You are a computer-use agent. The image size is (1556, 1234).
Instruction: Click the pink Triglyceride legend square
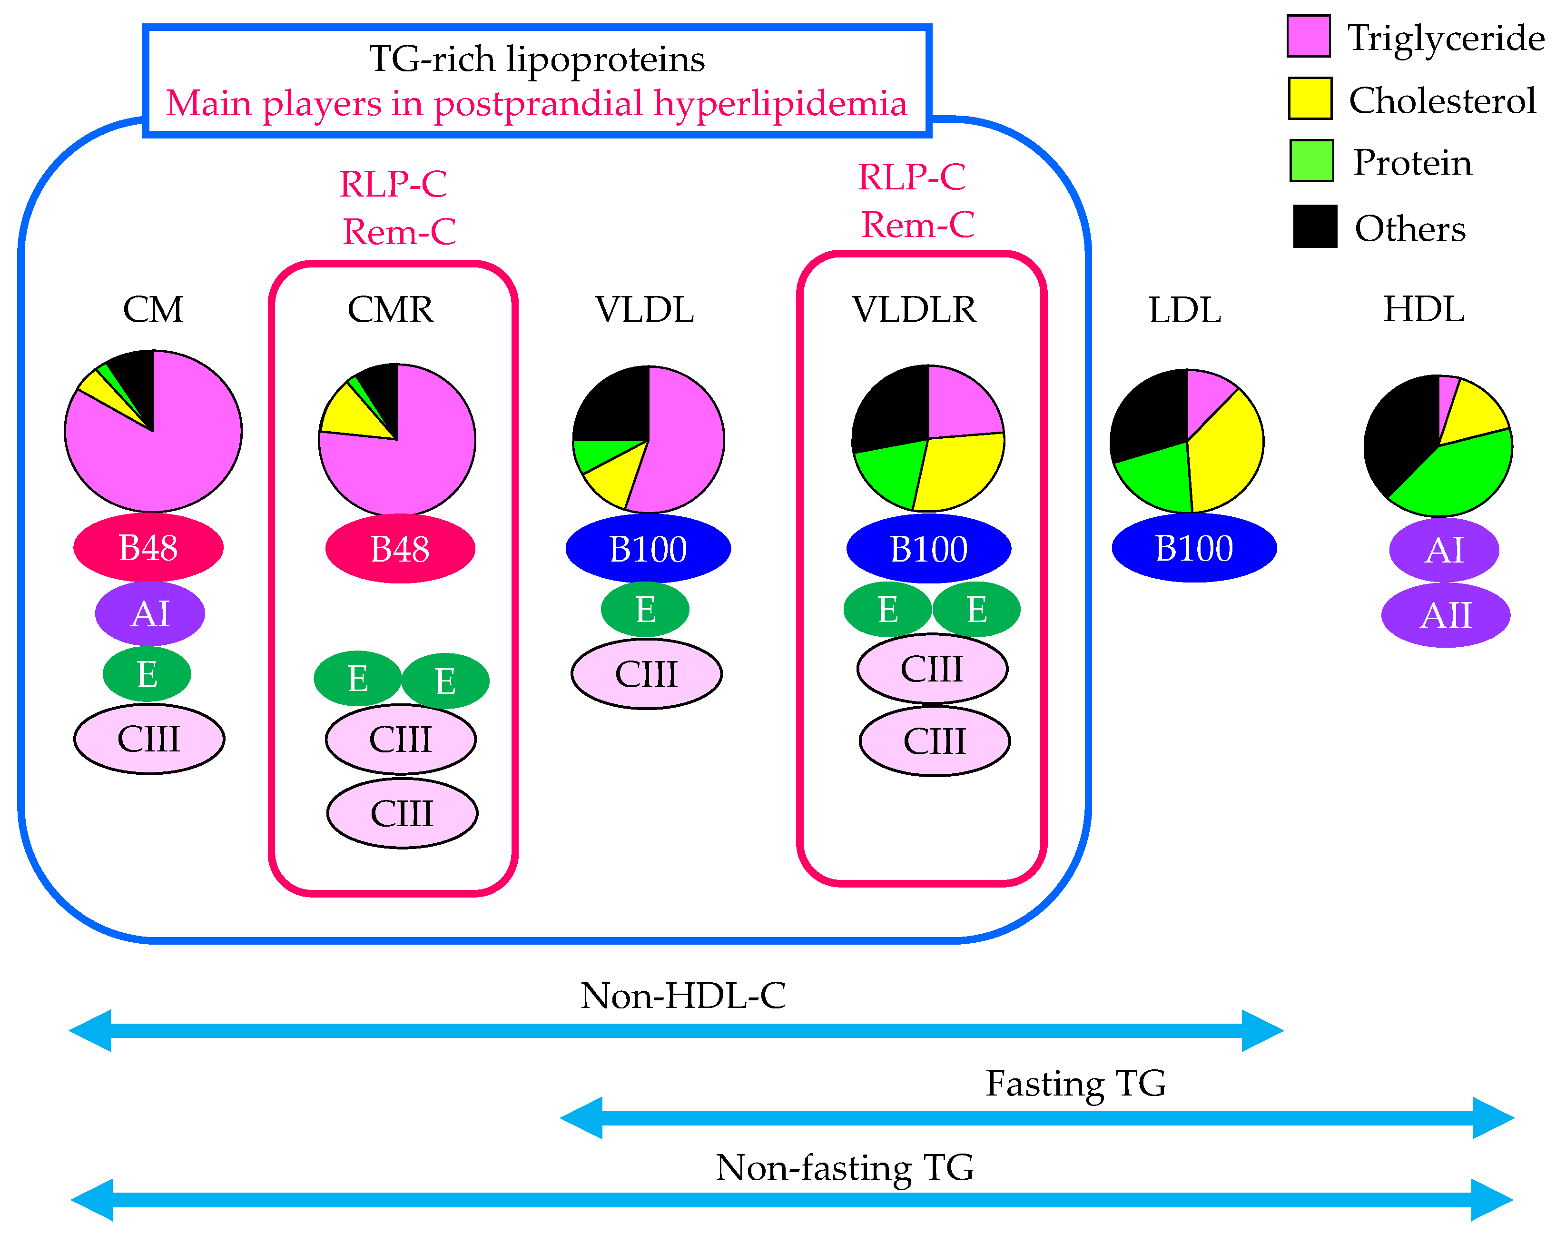pyautogui.click(x=1309, y=35)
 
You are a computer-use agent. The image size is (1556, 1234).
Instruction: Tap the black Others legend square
pyautogui.click(x=1315, y=227)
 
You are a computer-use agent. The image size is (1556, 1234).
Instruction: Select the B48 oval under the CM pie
pyautogui.click(x=148, y=548)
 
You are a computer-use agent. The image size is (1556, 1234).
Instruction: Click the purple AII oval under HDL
pyautogui.click(x=1446, y=615)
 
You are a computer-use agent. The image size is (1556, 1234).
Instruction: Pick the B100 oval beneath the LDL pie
pyautogui.click(x=1194, y=548)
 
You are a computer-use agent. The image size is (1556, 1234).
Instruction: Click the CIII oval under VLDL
pyautogui.click(x=647, y=674)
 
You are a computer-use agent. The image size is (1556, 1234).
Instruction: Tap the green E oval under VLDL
pyautogui.click(x=645, y=610)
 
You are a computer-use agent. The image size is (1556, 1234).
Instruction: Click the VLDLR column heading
pyautogui.click(x=915, y=310)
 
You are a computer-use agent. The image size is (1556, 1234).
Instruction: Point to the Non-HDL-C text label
pyautogui.click(x=683, y=996)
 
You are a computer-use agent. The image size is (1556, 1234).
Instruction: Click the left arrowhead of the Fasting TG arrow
pyautogui.click(x=581, y=1118)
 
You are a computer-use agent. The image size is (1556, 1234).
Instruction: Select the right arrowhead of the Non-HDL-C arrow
pyautogui.click(x=1263, y=1030)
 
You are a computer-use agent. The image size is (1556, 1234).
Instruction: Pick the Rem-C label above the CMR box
pyautogui.click(x=399, y=232)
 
